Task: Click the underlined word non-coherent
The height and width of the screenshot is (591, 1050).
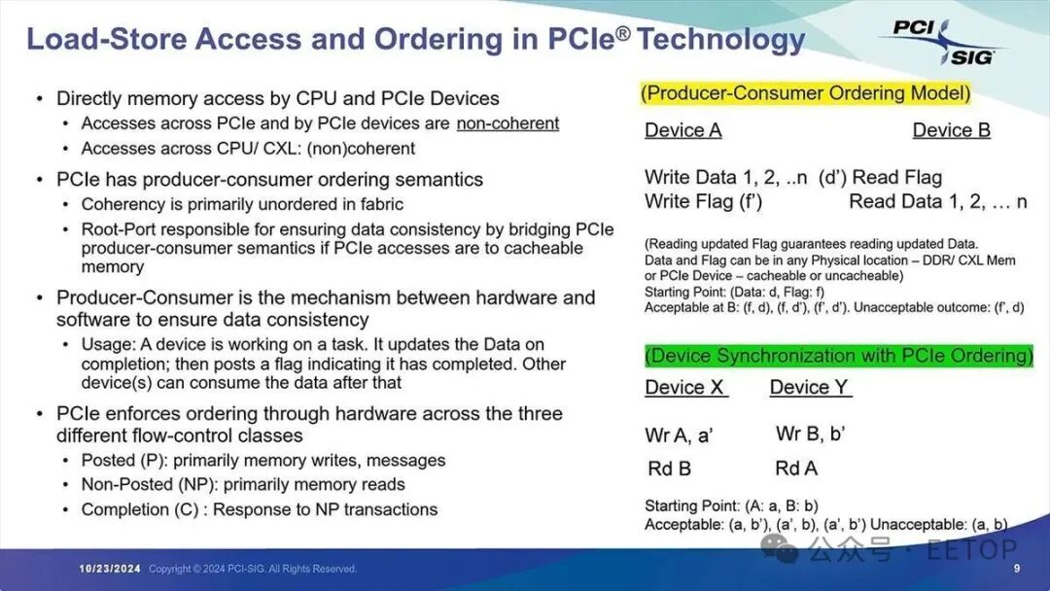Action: point(507,123)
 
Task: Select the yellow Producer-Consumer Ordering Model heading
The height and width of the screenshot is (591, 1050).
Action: point(806,93)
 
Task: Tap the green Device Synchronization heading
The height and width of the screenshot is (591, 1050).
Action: point(839,356)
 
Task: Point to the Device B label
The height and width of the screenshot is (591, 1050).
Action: point(951,130)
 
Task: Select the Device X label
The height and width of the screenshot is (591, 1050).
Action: point(685,387)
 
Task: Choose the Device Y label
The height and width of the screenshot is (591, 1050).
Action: point(809,387)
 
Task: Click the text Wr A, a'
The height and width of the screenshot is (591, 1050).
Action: point(679,435)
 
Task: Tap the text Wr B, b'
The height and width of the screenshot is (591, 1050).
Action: point(810,434)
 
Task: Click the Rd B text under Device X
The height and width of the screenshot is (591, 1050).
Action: point(669,469)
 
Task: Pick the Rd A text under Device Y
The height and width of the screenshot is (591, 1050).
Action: point(795,469)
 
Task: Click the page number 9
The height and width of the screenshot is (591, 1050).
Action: point(1017,569)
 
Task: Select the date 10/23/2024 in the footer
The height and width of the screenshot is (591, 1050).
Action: point(111,569)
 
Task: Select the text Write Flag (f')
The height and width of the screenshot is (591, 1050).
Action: point(703,202)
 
